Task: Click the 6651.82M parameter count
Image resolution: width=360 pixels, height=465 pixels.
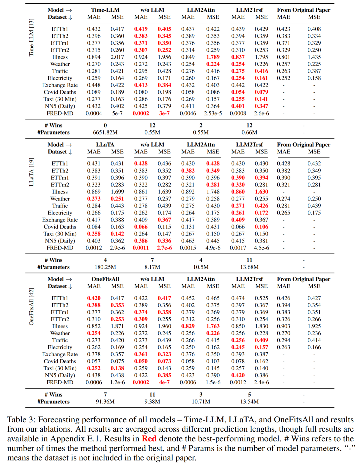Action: click(105, 132)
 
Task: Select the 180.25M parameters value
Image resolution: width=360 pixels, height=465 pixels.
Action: click(105, 267)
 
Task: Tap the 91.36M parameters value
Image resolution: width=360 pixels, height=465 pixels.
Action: click(105, 402)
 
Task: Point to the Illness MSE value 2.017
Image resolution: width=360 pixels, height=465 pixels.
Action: click(117, 57)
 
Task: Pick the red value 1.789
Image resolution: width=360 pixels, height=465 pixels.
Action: click(213, 57)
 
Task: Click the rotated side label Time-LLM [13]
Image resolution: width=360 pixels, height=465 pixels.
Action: click(32, 37)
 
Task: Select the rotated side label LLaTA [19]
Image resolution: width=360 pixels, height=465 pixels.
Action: click(32, 172)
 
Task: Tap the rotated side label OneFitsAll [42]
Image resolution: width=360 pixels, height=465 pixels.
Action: click(32, 307)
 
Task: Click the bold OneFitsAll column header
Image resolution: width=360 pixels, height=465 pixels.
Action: click(105, 279)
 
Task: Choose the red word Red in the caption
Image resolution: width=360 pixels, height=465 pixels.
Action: click(149, 439)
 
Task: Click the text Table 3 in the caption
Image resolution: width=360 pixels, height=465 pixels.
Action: click(21, 420)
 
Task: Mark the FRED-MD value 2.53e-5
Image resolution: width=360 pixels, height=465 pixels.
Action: click(213, 113)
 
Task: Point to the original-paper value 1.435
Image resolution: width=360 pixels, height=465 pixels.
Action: click(314, 57)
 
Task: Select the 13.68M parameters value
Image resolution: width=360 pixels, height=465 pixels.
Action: click(249, 267)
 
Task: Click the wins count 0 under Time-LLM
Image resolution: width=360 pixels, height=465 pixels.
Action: click(105, 125)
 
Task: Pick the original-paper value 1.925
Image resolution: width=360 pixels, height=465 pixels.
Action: click(314, 326)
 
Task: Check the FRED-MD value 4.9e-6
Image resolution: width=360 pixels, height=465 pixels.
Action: click(213, 248)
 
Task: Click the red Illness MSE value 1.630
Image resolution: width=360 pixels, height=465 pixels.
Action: click(261, 192)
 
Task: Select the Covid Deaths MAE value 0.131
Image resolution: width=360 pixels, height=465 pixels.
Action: click(188, 227)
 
